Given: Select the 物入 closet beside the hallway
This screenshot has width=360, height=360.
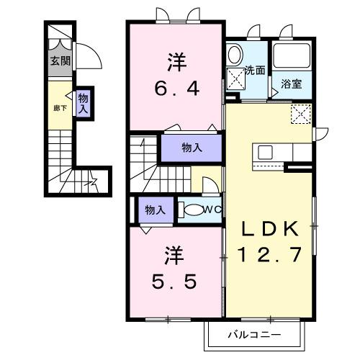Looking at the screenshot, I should click(84, 104).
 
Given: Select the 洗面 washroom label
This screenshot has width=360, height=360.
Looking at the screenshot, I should click(255, 71).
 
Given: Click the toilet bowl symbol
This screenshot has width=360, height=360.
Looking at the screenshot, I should click(192, 210).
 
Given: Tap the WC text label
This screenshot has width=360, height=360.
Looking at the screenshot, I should click(212, 210).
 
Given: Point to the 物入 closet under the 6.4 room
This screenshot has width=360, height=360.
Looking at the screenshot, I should click(191, 148).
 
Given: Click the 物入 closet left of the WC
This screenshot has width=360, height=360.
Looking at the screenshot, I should click(154, 210).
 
